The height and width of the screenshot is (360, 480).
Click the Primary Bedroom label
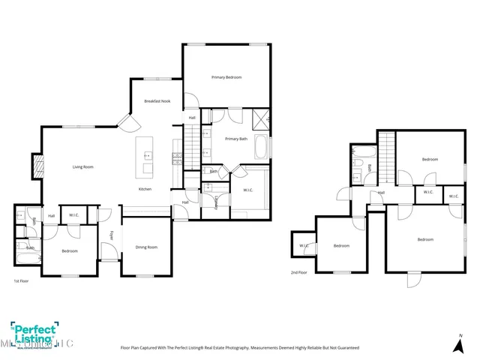point(226,77)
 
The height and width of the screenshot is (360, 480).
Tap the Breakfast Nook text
point(158,101)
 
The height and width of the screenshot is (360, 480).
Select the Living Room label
point(82,166)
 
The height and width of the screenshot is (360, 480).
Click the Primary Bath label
point(236,139)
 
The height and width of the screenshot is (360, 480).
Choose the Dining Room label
point(146,247)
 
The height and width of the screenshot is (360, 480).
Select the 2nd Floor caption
point(298,272)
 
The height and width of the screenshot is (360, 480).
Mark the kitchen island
point(146,157)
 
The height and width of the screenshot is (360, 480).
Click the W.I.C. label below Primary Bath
point(247,190)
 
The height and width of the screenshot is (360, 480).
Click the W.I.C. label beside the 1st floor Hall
point(73,216)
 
